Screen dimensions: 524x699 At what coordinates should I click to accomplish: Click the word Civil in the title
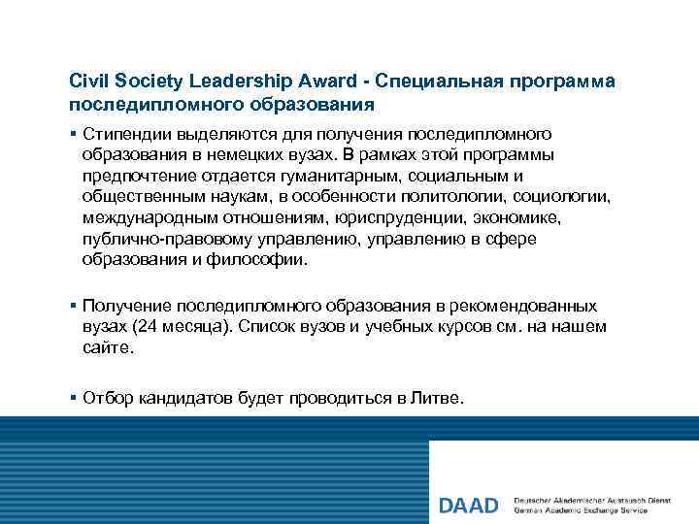coord(88,81)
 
